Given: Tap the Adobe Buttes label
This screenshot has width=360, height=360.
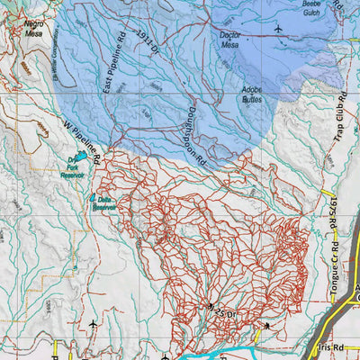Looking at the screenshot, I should (258, 95).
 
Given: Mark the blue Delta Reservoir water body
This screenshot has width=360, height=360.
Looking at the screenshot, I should (93, 198).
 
